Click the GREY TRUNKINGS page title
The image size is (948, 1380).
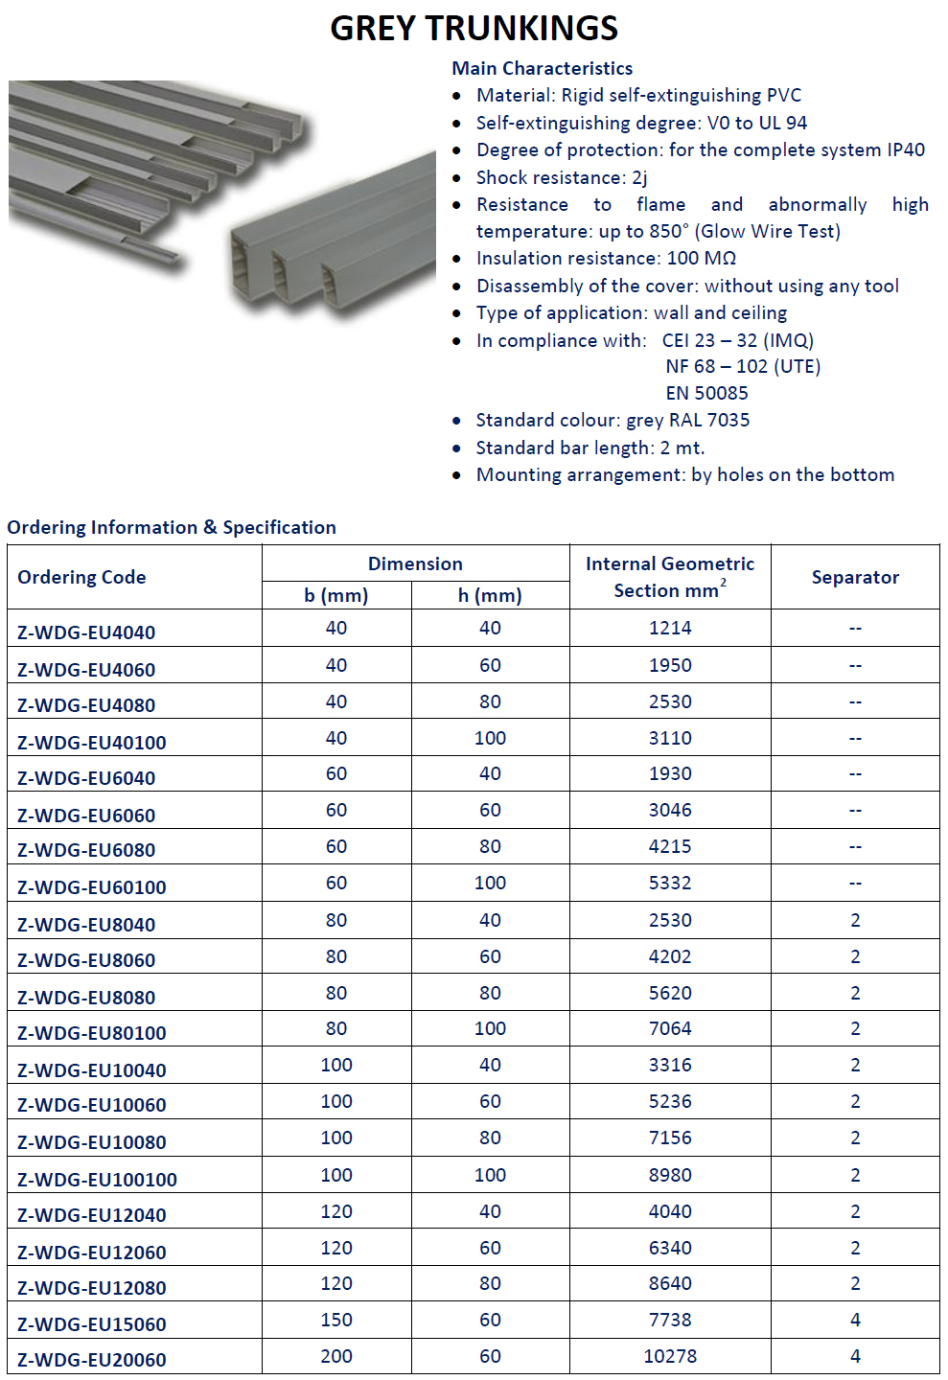(x=474, y=29)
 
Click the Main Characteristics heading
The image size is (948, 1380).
(x=542, y=68)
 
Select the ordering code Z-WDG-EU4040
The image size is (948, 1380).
(x=86, y=632)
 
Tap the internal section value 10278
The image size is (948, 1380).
(x=670, y=1356)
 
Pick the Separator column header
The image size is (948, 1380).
(x=855, y=577)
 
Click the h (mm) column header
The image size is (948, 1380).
(x=490, y=595)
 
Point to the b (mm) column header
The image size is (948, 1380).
(x=336, y=595)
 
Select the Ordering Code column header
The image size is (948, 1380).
(x=81, y=577)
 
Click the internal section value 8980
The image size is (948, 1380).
(x=670, y=1175)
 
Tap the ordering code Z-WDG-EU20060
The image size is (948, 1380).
(x=92, y=1360)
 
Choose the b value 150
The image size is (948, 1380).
(x=336, y=1320)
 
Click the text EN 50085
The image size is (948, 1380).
(x=706, y=393)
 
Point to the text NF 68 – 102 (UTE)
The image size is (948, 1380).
(x=743, y=366)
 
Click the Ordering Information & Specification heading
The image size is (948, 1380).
(x=172, y=527)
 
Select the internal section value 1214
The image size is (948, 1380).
(x=670, y=628)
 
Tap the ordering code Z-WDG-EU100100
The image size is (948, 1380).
(x=97, y=1179)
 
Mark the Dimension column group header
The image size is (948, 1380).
(x=415, y=563)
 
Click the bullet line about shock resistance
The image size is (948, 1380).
(x=562, y=177)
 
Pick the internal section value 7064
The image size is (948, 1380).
(x=670, y=1028)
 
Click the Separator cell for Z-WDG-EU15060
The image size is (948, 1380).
(x=855, y=1320)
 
